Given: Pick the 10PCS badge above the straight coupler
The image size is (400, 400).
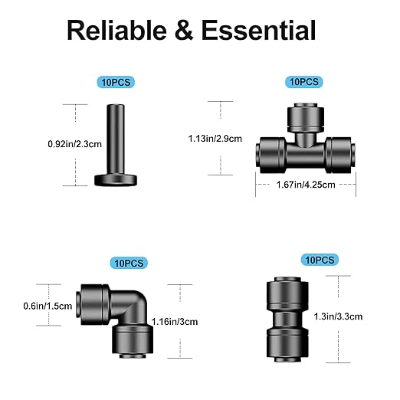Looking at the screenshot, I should click(x=317, y=261).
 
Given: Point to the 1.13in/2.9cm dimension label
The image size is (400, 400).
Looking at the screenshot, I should click(x=215, y=139).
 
